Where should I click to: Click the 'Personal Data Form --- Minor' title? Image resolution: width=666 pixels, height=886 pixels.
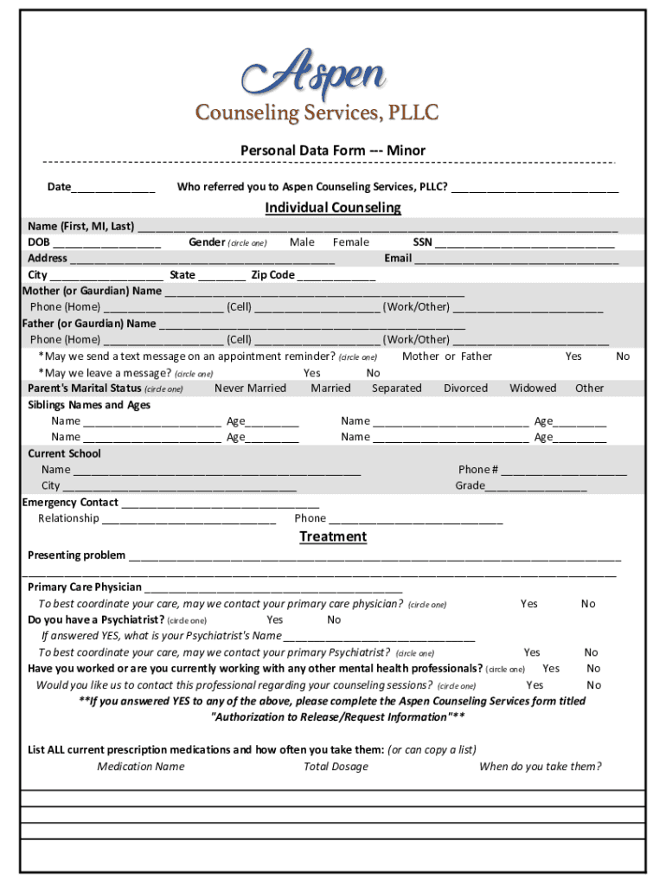333,151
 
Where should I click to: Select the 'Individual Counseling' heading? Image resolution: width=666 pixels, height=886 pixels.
333,208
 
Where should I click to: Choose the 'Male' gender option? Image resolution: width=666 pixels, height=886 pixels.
302,242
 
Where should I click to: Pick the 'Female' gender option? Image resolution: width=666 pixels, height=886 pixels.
350,242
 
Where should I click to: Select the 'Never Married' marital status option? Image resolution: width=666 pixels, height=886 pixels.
250,388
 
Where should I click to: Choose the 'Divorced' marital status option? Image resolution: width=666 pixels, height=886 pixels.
465,388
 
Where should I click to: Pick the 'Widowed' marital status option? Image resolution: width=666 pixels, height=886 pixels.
533,388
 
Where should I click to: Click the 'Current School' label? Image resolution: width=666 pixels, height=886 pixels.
64,453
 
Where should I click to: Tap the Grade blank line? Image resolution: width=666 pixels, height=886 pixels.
536,487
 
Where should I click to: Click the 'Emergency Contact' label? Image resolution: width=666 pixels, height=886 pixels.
70,502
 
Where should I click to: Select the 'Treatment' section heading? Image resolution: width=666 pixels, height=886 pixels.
333,536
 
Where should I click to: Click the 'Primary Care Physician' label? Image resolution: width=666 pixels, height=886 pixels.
85,587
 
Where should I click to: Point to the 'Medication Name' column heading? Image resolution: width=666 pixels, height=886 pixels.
140,767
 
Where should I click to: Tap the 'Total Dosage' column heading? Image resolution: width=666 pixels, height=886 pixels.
336,767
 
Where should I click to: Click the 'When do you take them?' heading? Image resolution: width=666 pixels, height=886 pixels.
540,767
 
